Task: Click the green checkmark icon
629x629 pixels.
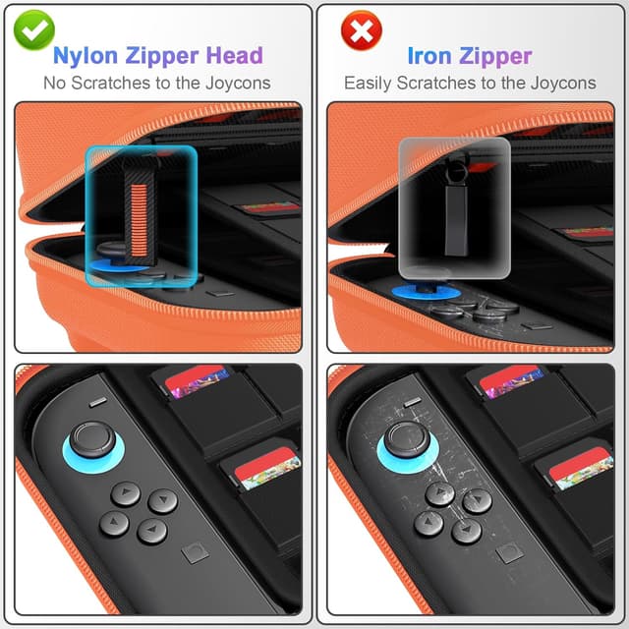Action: point(34,29)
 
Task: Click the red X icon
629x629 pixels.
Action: point(361,30)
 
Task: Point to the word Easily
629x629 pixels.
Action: point(370,83)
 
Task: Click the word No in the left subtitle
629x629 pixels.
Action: point(56,83)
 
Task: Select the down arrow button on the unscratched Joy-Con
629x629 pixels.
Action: point(152,532)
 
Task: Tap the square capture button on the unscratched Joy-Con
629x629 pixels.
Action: point(194,554)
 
